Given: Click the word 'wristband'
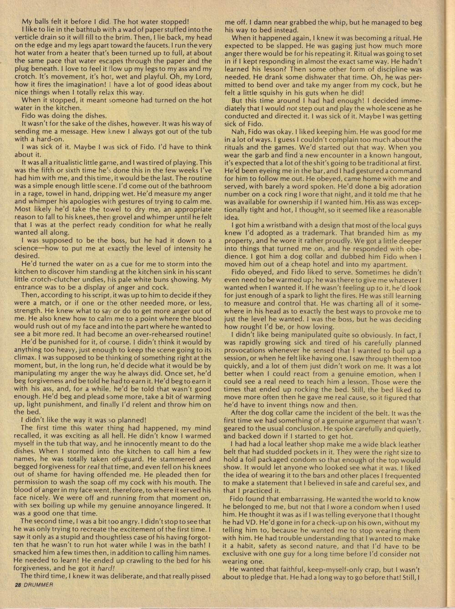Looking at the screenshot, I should pyautogui.click(x=282, y=226).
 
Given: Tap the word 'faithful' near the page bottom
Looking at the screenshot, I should pyautogui.click(x=294, y=570).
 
